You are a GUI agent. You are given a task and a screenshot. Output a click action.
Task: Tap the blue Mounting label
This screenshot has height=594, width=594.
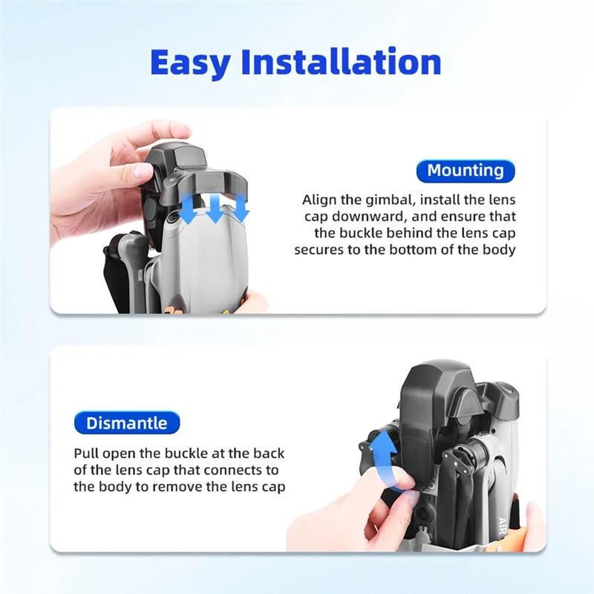tap(465, 171)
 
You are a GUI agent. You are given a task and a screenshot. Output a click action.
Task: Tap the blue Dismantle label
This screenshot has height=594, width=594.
tap(127, 424)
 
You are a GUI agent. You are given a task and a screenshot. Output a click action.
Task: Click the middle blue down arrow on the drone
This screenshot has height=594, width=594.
tap(215, 209)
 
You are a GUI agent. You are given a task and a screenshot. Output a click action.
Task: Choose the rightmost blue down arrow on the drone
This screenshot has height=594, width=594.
tap(239, 209)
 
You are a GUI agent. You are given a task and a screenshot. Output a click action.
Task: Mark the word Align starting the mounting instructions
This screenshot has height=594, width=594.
tap(318, 200)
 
